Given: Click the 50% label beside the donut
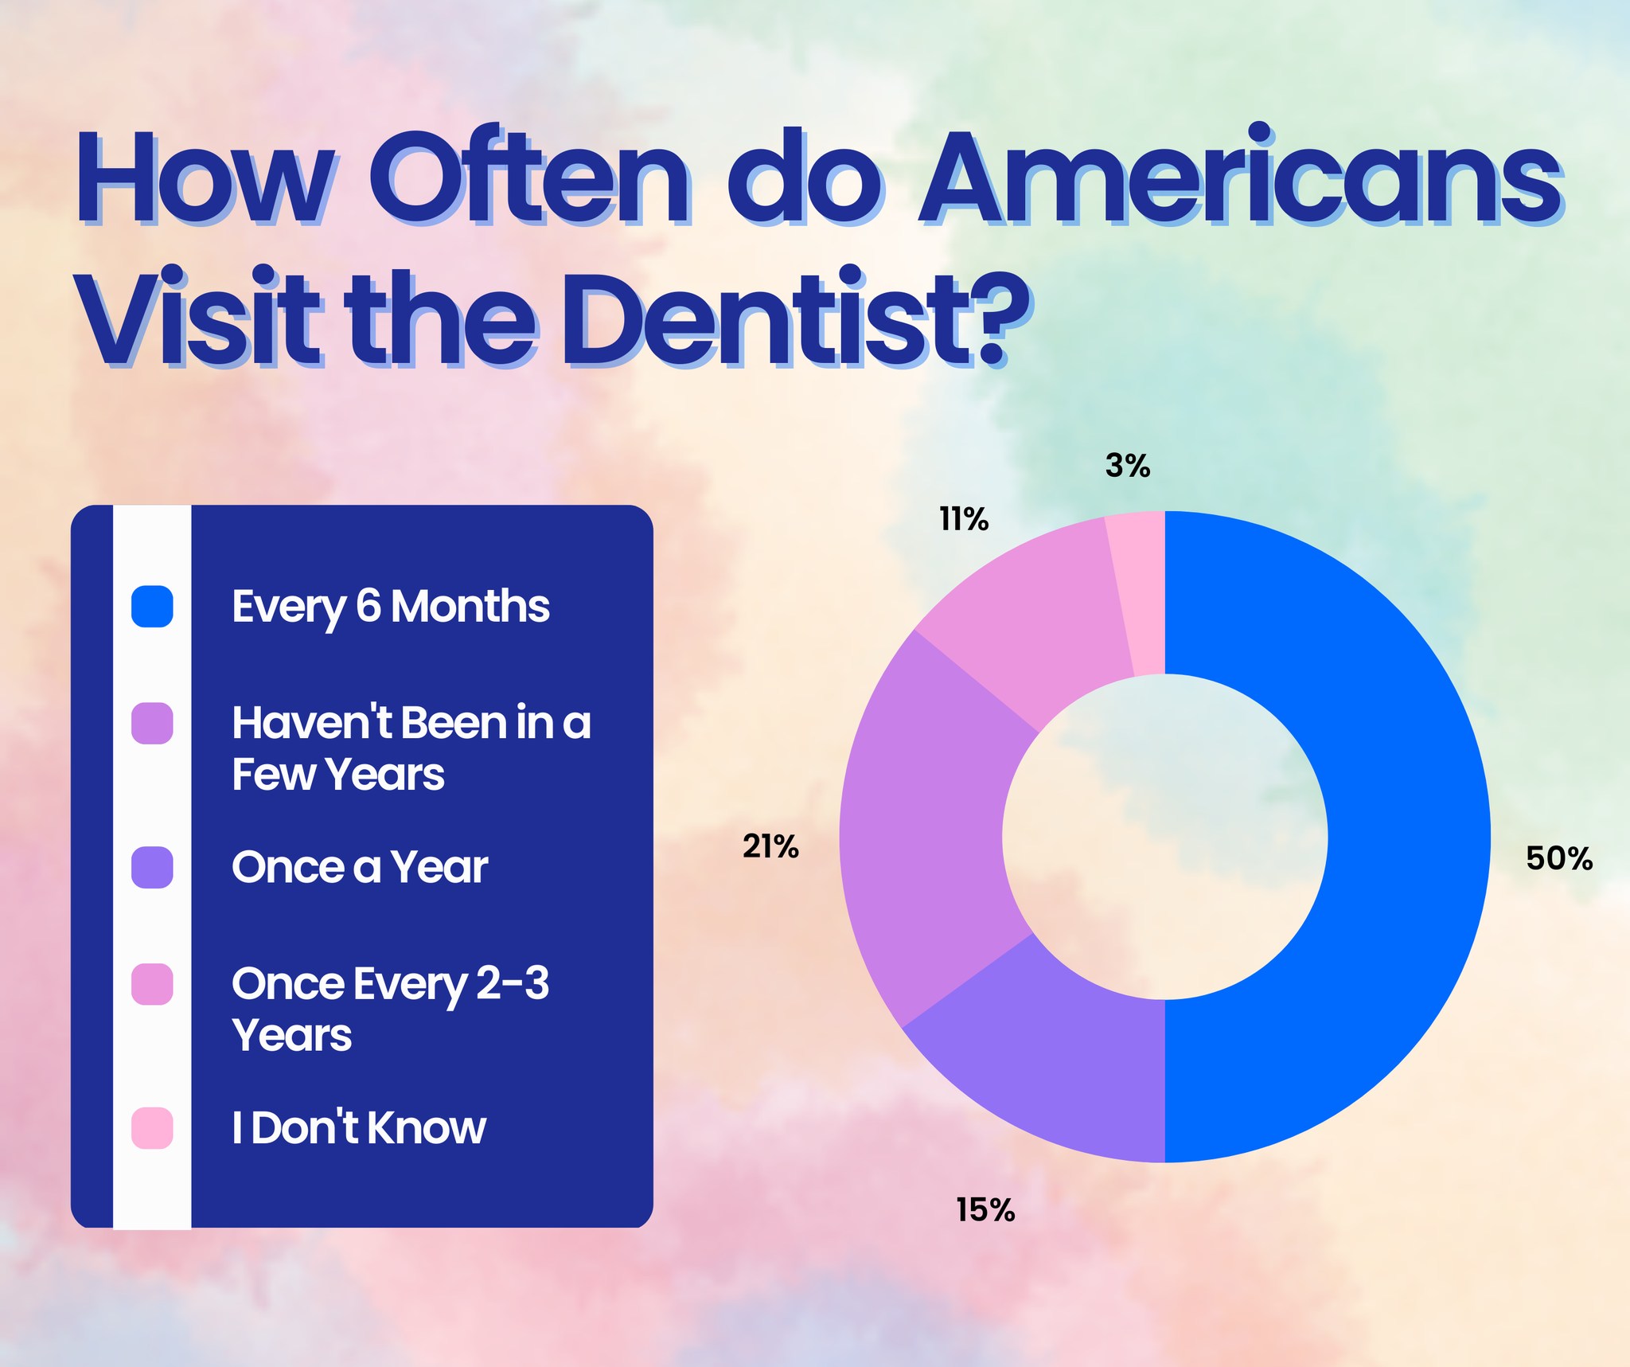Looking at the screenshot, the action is click(x=1559, y=858).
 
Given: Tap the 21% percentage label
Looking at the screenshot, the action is click(x=770, y=846).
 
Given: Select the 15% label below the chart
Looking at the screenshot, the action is click(x=985, y=1210).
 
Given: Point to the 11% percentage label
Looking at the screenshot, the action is click(x=964, y=520).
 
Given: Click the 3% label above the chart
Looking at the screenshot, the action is click(x=1128, y=466).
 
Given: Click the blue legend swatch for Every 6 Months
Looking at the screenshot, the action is click(x=152, y=607).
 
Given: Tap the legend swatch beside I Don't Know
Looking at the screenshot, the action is click(x=152, y=1128).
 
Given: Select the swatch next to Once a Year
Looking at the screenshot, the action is click(x=152, y=867).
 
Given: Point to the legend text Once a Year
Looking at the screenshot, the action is click(x=360, y=867).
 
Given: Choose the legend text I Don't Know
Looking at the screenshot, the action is click(x=359, y=1127).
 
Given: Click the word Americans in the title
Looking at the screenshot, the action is click(x=1240, y=177).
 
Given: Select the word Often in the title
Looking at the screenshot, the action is click(x=530, y=177).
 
